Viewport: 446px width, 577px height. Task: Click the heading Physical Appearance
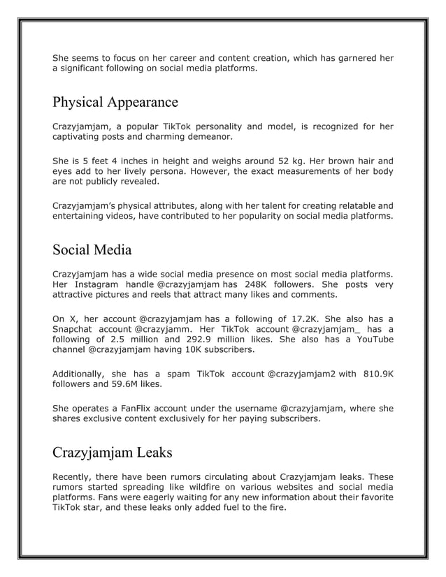[115, 103]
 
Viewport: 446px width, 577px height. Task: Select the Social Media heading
[92, 249]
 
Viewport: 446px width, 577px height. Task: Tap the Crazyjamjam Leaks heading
[112, 452]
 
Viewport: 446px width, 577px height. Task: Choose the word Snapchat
[73, 329]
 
